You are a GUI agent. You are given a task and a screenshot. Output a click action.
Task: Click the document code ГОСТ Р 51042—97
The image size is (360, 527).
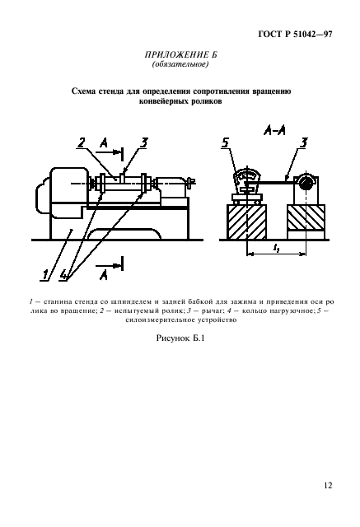(295, 35)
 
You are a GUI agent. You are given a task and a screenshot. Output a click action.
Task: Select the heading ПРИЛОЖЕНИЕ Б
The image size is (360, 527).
(181, 54)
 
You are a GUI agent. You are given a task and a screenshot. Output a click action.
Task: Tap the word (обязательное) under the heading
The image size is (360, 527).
(180, 64)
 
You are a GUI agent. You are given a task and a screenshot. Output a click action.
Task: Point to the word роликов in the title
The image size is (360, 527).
(206, 101)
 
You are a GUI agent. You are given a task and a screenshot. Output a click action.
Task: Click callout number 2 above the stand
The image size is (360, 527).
(81, 142)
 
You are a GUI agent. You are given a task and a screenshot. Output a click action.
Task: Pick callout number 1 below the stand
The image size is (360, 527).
(44, 274)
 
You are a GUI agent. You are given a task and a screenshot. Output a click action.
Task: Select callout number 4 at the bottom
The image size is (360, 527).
(63, 274)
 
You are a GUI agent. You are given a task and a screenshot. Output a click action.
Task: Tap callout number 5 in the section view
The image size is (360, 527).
(225, 142)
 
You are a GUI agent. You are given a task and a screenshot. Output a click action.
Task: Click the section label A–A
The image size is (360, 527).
(274, 130)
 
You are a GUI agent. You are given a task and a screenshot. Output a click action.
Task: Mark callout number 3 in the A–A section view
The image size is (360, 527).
(303, 142)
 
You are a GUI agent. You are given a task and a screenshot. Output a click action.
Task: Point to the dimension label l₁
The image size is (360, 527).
(276, 249)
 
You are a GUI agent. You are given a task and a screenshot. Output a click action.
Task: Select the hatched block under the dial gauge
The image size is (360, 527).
(247, 222)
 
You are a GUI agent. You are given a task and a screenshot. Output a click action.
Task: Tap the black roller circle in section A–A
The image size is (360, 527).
(306, 184)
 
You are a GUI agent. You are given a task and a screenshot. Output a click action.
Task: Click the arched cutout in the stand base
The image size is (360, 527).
(124, 234)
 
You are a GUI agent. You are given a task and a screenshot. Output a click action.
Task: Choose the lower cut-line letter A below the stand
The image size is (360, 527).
(104, 275)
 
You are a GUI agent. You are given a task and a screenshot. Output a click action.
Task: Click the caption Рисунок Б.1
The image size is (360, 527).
(180, 338)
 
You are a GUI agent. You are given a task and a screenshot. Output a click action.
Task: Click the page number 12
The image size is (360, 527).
(329, 485)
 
